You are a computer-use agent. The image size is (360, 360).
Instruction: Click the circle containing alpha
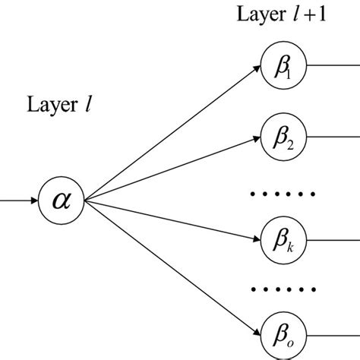click(63, 201)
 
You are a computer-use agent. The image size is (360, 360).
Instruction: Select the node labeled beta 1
click(279, 65)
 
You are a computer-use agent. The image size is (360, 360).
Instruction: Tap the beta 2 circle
click(279, 137)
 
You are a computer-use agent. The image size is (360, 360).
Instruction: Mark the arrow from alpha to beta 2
click(171, 169)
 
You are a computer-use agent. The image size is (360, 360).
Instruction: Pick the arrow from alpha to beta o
click(171, 266)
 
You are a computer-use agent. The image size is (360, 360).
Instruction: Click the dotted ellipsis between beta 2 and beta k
click(282, 193)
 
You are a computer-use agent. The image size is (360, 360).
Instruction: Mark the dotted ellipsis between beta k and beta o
click(282, 289)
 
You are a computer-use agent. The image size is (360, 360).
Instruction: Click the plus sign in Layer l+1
click(302, 17)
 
